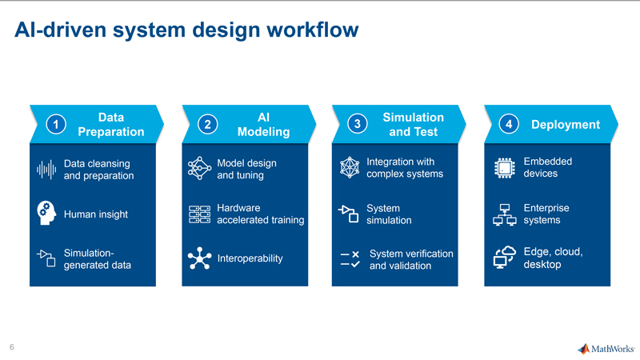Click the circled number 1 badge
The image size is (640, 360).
(56, 124)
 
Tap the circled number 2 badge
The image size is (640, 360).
(208, 124)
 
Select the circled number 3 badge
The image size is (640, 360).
(357, 124)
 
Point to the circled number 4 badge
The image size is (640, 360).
(509, 124)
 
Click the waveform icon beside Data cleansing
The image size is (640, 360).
(46, 170)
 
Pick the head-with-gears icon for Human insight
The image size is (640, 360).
(46, 213)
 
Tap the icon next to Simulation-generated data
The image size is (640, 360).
(46, 258)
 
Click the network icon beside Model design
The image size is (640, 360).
(199, 168)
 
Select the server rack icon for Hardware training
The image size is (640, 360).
(199, 214)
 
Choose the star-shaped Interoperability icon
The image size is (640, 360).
(199, 258)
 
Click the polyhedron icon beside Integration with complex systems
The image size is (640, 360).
(350, 167)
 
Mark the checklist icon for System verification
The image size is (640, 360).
(350, 259)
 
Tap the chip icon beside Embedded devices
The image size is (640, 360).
(505, 168)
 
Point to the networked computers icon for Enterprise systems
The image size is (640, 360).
(505, 214)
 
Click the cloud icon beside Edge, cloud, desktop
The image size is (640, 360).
(505, 257)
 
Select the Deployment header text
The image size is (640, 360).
(566, 125)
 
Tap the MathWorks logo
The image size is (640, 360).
(606, 349)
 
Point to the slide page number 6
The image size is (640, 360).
(12, 347)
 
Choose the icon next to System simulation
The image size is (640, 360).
(349, 214)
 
